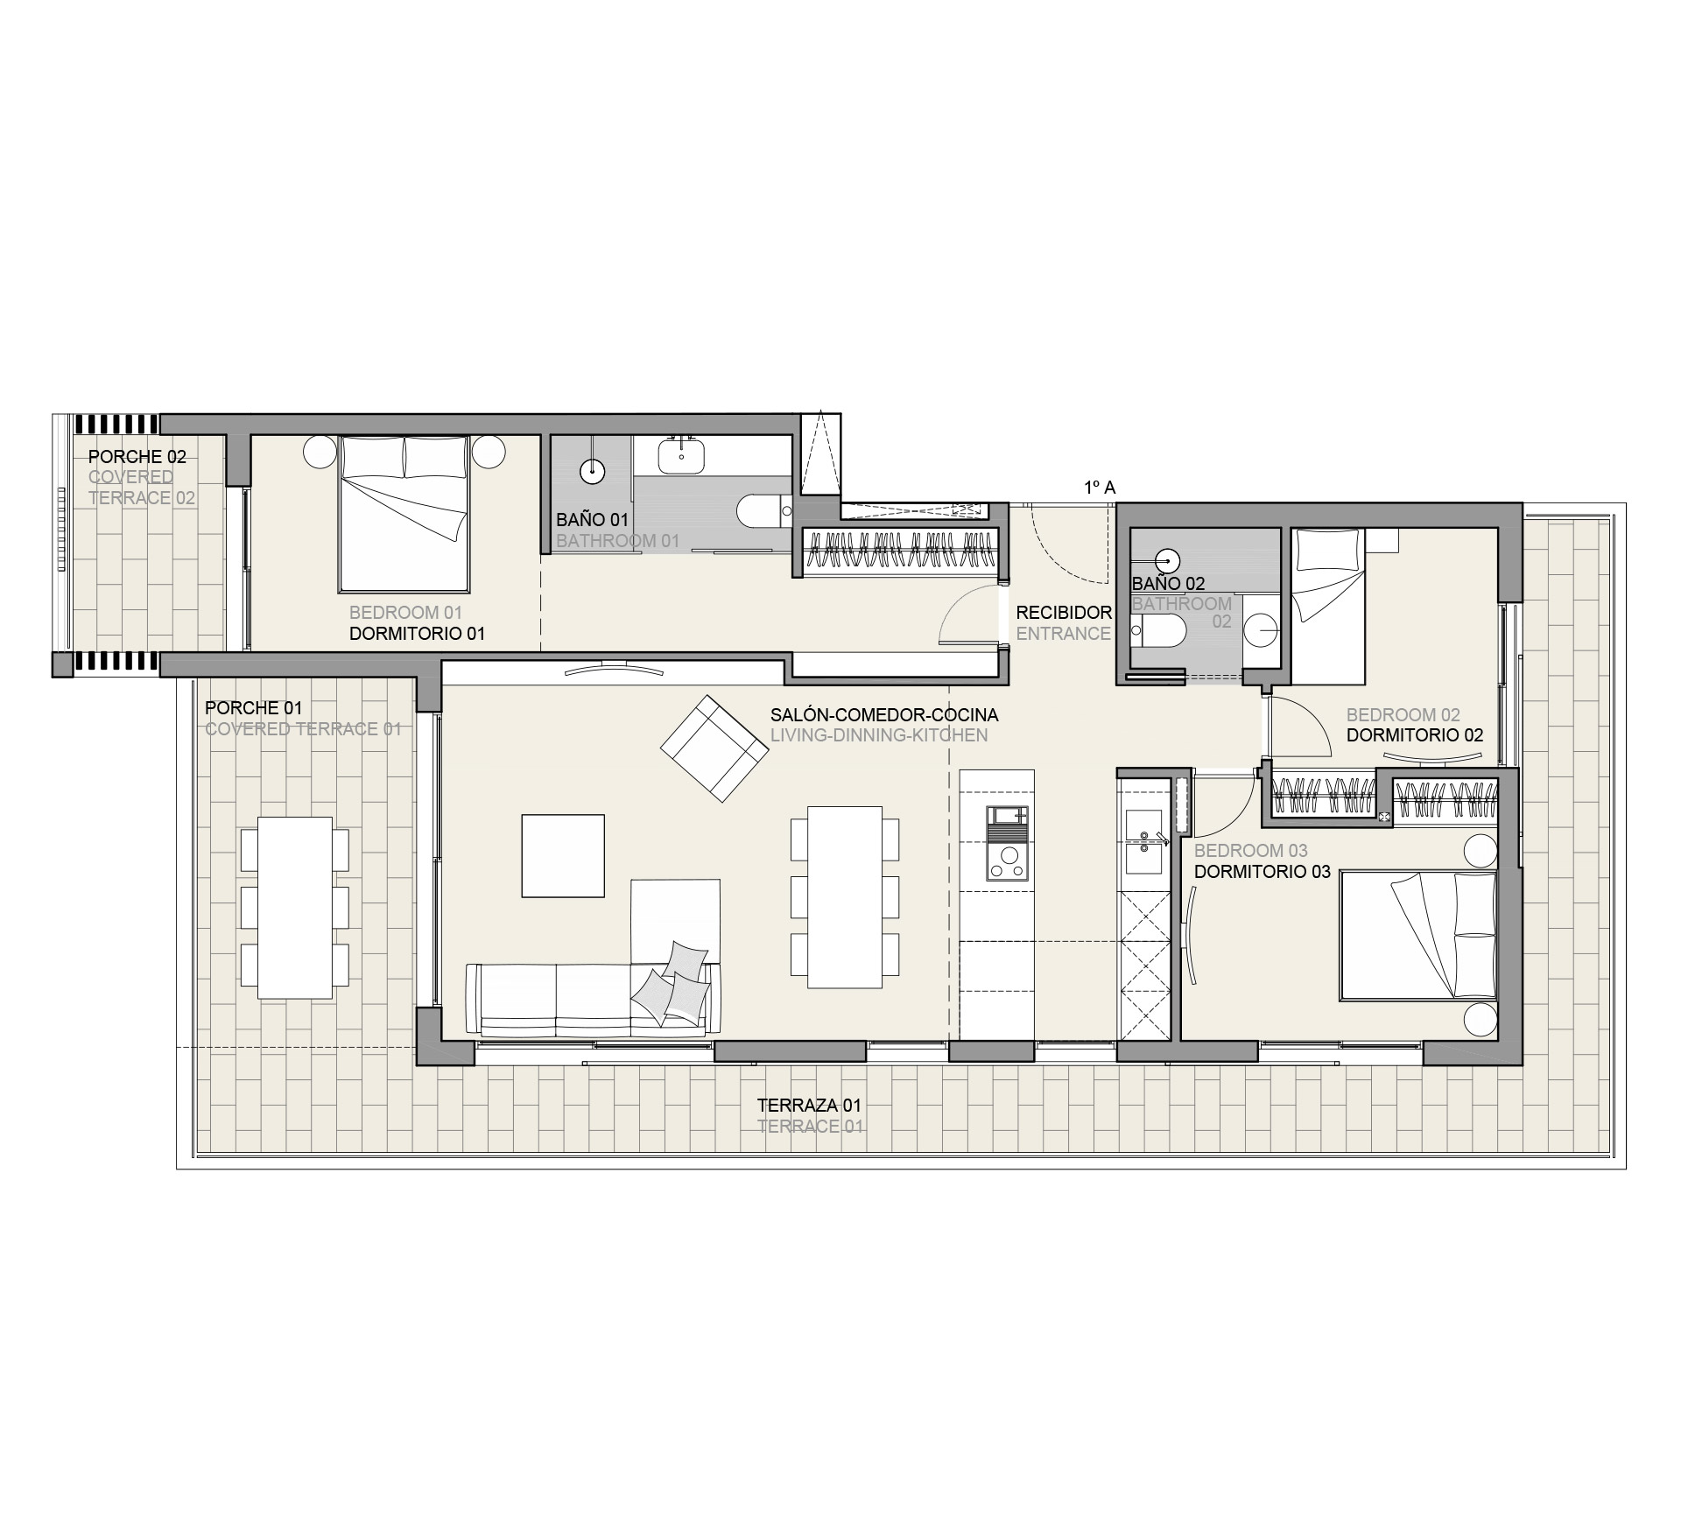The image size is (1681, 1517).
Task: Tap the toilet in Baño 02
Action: click(x=1157, y=629)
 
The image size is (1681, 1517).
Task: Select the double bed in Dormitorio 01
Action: click(x=404, y=514)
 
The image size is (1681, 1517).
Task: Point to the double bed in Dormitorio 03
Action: click(x=1417, y=934)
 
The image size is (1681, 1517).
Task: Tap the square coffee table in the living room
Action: click(x=563, y=855)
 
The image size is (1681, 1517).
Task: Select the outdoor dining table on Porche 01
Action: click(x=295, y=908)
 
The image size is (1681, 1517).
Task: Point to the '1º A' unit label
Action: click(x=1100, y=488)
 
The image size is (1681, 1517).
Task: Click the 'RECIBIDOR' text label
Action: click(x=1064, y=613)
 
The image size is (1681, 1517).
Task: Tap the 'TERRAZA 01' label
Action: click(x=809, y=1106)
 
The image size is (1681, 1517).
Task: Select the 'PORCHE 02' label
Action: click(x=137, y=456)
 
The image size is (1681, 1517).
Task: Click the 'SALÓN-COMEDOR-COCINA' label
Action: click(x=884, y=715)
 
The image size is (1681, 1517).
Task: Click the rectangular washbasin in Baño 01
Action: click(x=681, y=455)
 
